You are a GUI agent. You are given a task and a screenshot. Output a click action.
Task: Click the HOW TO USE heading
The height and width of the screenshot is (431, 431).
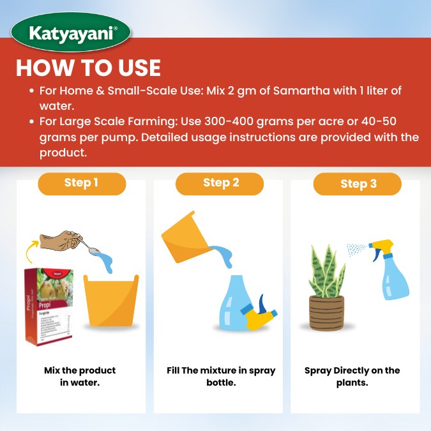pos(88,68)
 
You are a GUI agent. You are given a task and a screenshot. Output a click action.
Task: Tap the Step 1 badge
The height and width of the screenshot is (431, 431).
pos(81,183)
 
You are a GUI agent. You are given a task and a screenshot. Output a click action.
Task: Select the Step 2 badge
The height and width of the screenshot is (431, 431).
pos(220,183)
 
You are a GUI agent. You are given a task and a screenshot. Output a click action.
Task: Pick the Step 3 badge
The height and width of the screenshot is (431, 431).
pos(358,185)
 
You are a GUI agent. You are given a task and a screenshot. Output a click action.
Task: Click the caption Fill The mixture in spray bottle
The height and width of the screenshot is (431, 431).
pos(221,376)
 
